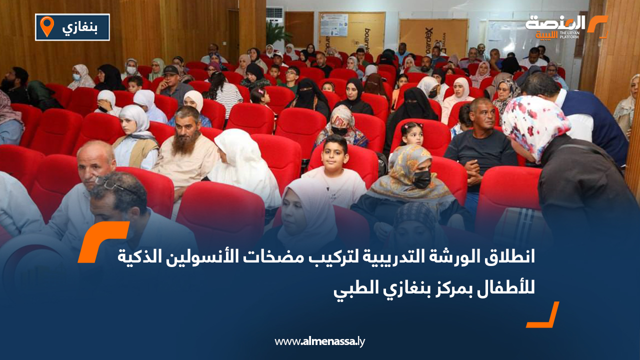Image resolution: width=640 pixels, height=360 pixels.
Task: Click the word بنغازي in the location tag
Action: [x=79, y=27]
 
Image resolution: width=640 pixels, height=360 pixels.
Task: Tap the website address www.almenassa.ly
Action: [x=320, y=341]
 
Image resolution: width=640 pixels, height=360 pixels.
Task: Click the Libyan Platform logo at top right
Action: [x=565, y=26]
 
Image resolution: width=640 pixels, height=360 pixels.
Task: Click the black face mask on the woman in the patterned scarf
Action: [x=421, y=179]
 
